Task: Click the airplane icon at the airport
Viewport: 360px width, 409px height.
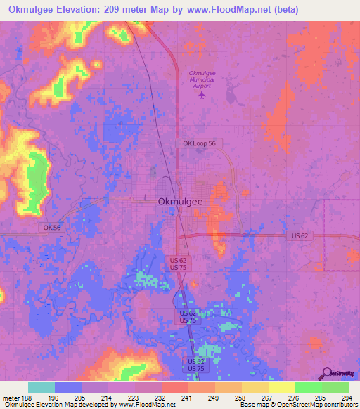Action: click(203, 94)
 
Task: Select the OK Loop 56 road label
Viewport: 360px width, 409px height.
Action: click(202, 143)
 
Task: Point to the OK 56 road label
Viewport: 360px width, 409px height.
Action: click(51, 227)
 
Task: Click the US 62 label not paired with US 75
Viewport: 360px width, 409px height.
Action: click(300, 236)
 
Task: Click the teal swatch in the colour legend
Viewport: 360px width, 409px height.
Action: click(41, 387)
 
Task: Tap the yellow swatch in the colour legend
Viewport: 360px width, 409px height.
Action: click(281, 387)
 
